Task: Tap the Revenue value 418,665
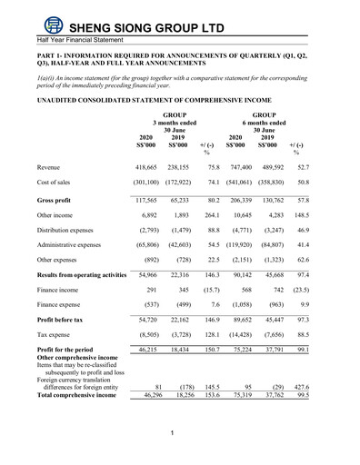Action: (148, 168)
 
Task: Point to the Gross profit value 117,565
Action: (148, 199)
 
